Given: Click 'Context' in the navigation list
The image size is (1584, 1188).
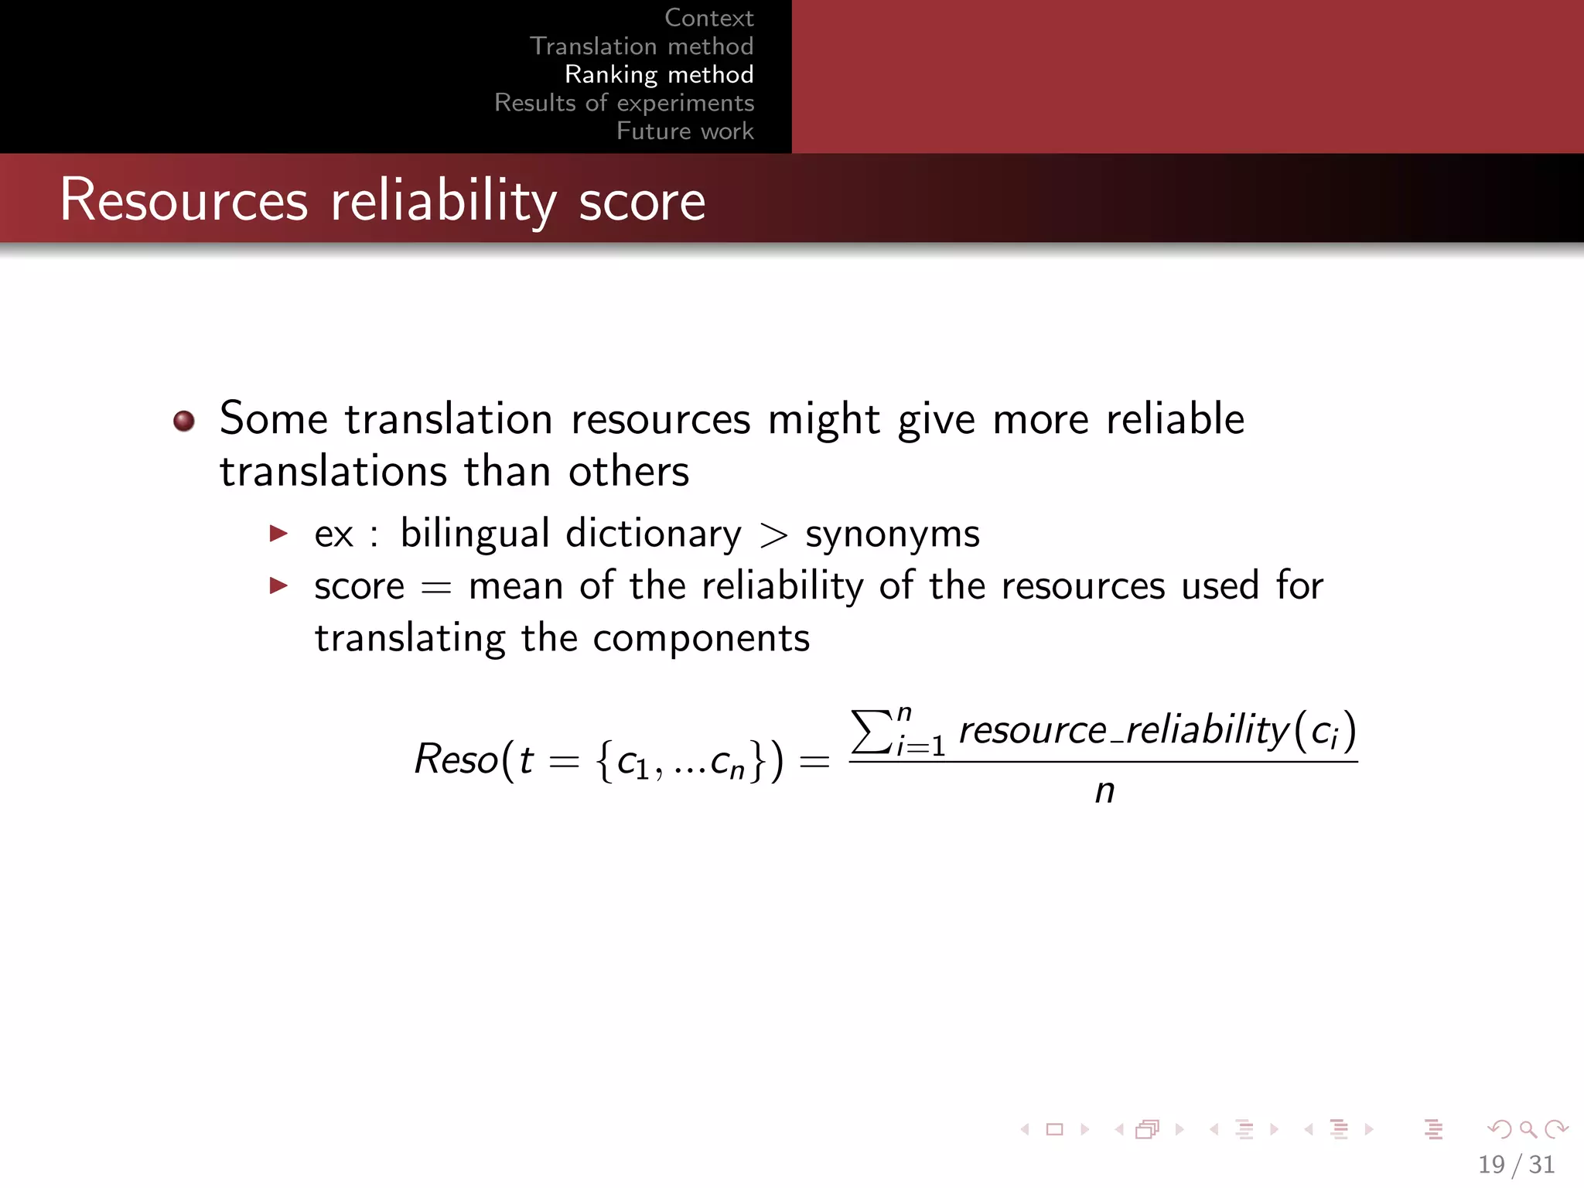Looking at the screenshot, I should [708, 18].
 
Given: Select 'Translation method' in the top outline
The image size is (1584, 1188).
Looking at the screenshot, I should [641, 46].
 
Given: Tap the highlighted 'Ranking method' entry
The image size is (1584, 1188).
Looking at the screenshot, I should [658, 74].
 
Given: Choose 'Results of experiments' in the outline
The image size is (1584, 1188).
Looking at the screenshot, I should [624, 103].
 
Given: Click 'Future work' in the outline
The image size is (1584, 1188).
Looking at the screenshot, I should [684, 131].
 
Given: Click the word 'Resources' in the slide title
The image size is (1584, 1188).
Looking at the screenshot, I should [184, 200].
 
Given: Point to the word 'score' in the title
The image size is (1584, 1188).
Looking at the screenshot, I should [642, 202].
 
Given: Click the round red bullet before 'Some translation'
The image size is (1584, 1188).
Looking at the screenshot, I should [184, 421].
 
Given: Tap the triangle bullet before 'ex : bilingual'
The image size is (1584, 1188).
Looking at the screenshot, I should [278, 533].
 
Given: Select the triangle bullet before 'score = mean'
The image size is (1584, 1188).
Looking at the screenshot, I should [278, 585].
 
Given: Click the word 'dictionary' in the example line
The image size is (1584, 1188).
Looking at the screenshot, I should [654, 534].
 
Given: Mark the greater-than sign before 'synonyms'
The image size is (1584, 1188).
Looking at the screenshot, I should [773, 536].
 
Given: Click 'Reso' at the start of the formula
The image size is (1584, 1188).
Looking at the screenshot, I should [456, 759].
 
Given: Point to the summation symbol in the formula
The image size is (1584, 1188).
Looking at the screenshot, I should [871, 731].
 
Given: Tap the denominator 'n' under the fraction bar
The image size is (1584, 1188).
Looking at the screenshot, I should [1104, 791].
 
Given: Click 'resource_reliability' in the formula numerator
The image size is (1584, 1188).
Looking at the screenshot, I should [1124, 729].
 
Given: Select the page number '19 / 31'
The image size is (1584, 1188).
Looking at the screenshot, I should [1516, 1164].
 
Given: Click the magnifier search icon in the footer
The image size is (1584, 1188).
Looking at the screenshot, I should [1528, 1129].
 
